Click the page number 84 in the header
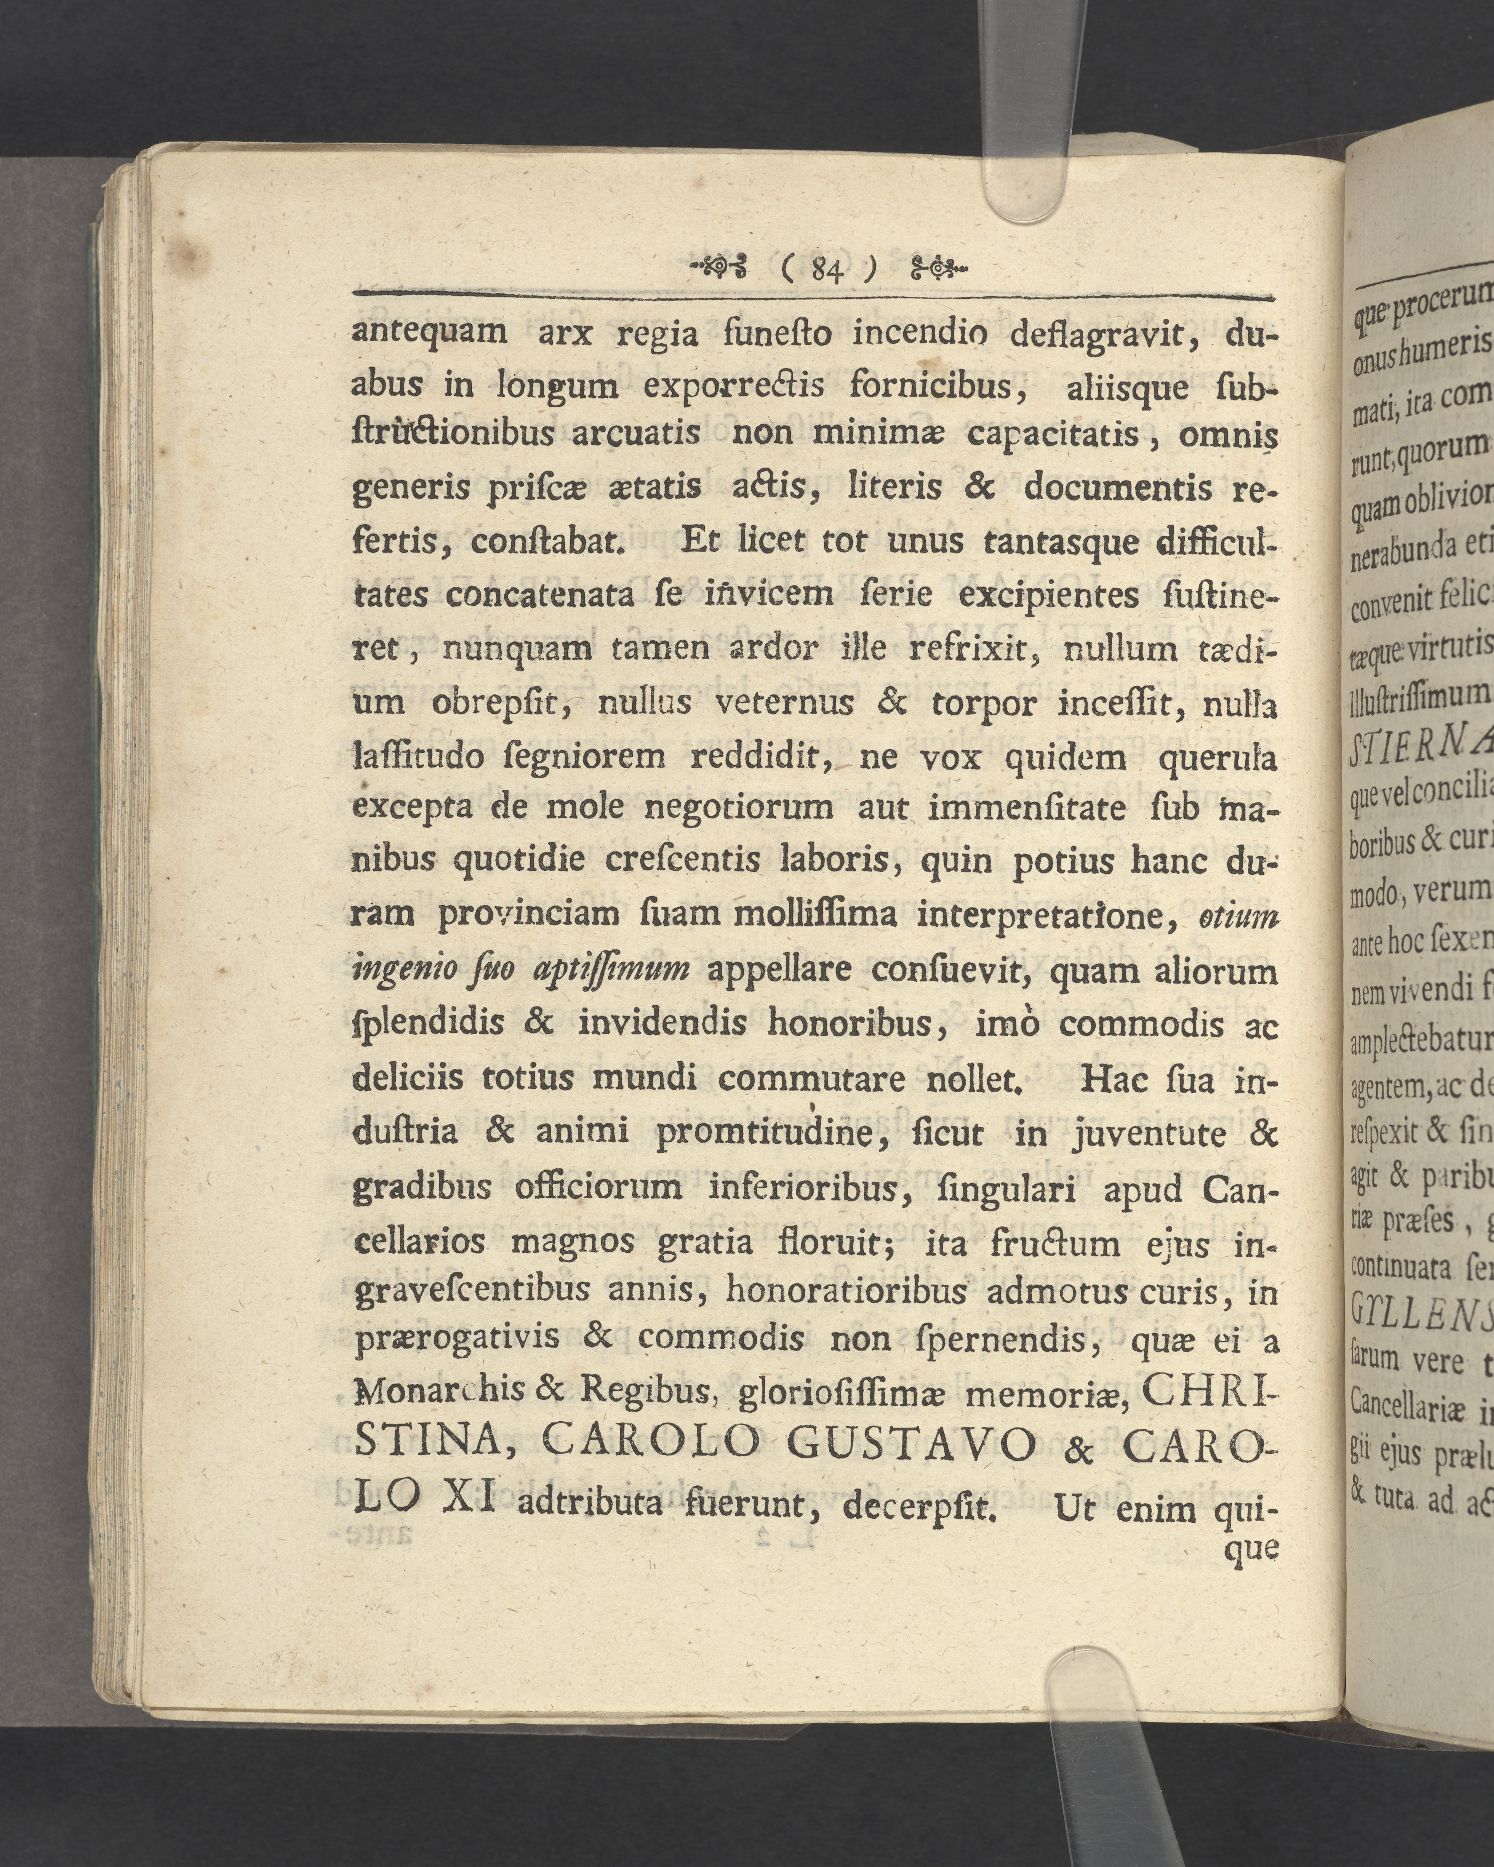tap(826, 272)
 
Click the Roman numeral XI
tap(468, 1497)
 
